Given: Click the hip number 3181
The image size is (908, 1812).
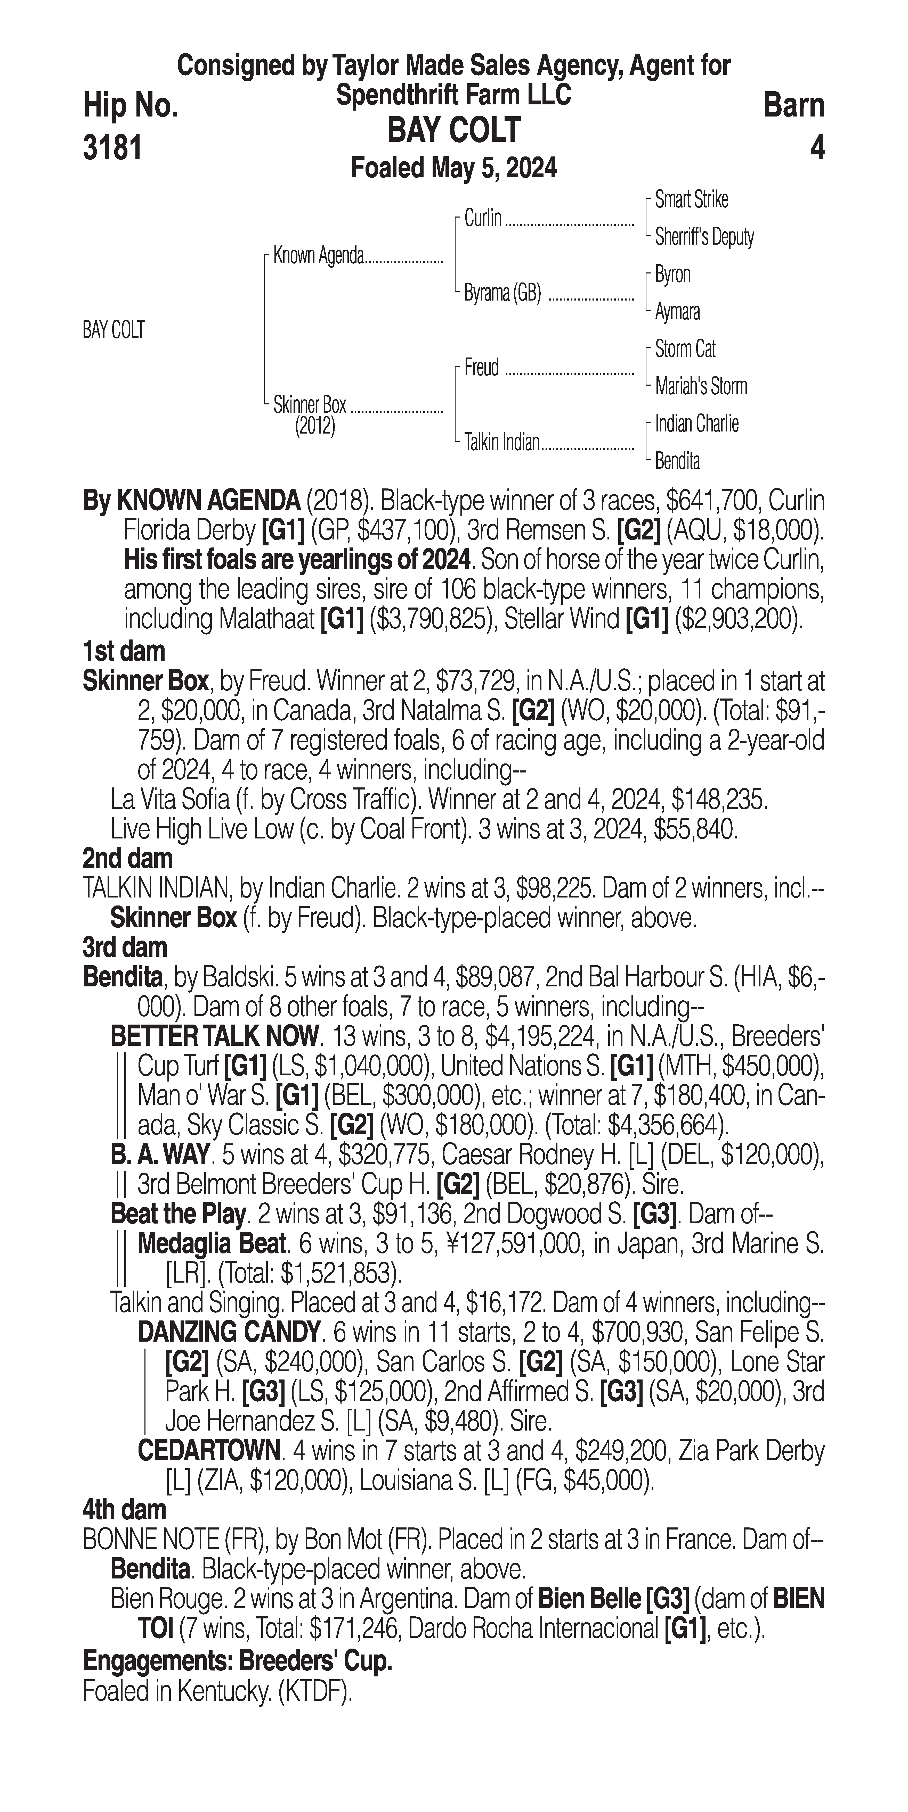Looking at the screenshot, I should pos(113,148).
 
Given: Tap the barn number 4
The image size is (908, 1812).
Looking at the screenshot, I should pos(816,148).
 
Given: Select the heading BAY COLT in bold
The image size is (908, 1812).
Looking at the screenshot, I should pos(454,130).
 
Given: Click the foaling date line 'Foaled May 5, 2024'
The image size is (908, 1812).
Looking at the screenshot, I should pos(454,168).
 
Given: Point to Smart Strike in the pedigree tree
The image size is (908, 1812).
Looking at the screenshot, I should pos(691,200).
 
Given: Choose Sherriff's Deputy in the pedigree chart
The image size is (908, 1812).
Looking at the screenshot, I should pos(704,237).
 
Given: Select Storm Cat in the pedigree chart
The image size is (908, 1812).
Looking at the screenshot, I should pos(685,349).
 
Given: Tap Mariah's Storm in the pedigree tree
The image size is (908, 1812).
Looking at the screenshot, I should pos(700,386).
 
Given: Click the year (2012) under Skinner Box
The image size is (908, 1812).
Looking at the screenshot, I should pos(315,426).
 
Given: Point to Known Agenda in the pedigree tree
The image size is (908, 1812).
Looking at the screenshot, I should pos(318,255).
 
